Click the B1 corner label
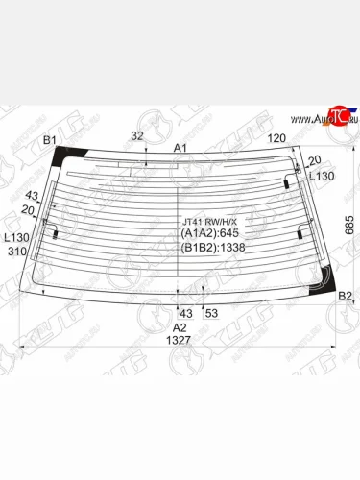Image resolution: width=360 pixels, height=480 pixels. tap(48, 141)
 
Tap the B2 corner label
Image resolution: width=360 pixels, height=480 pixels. tap(345, 296)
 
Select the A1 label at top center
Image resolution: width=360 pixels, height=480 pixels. tap(180, 148)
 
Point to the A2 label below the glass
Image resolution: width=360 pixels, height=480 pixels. tap(180, 326)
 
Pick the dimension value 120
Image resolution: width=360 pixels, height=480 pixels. tap(276, 138)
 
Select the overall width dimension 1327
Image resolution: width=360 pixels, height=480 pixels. tap(180, 340)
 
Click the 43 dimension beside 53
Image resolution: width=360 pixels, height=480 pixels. tap(186, 314)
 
